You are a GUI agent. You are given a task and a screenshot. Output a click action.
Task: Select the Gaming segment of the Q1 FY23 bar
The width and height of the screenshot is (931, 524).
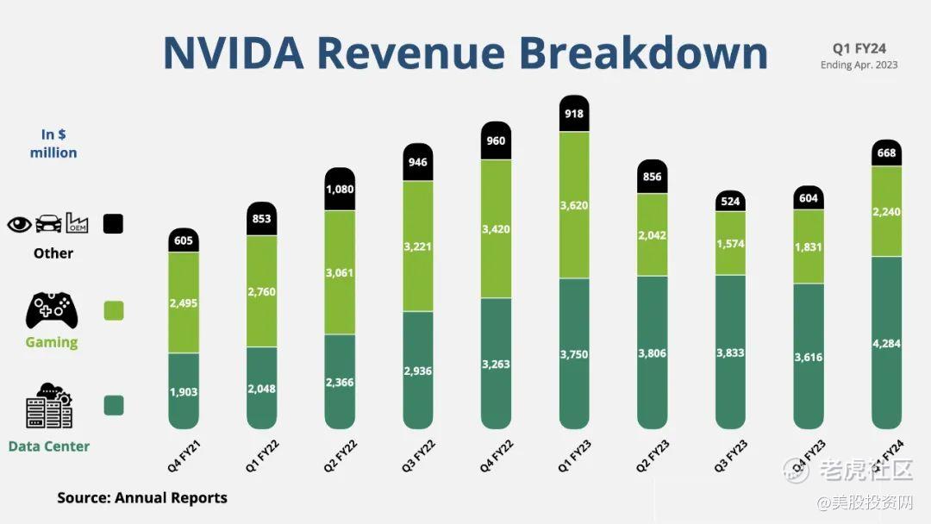[574, 205]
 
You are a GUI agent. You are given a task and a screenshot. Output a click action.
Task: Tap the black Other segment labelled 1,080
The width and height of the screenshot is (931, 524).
[341, 190]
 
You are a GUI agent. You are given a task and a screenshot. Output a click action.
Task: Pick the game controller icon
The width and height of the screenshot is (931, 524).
[52, 310]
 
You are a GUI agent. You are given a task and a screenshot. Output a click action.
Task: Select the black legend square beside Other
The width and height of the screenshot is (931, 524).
[113, 224]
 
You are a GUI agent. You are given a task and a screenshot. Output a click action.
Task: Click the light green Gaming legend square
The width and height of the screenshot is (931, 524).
[113, 310]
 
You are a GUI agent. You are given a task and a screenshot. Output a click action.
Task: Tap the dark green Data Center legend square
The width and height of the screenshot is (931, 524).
[113, 405]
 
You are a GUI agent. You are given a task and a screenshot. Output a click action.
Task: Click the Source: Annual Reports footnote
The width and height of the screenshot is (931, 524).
[142, 497]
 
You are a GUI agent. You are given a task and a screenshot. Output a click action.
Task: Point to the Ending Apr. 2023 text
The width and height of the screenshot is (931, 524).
[859, 65]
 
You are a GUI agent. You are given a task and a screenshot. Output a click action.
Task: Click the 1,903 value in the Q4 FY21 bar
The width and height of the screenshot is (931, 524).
[184, 392]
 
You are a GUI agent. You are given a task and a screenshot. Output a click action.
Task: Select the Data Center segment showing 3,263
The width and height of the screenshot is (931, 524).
[496, 364]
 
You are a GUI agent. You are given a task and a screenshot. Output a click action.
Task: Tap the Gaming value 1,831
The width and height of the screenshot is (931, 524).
[808, 246]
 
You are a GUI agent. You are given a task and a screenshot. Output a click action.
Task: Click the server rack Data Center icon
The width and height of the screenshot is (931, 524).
[49, 407]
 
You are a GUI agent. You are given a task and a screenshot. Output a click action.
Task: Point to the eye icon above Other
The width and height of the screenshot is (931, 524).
[19, 224]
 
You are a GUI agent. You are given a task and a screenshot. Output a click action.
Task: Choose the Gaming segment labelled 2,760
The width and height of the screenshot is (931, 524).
[262, 291]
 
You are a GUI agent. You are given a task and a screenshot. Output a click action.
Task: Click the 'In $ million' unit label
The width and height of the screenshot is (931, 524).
[53, 143]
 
